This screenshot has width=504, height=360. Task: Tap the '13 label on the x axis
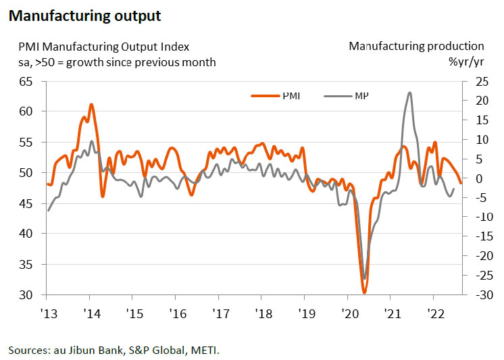pyautogui.click(x=47, y=314)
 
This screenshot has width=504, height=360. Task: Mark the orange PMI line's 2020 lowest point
pyautogui.click(x=364, y=292)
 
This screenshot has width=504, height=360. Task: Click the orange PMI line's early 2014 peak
pyautogui.click(x=91, y=104)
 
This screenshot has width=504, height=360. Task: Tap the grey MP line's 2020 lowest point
pyautogui.click(x=365, y=278)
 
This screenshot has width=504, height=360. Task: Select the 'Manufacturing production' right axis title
pyautogui.click(x=416, y=47)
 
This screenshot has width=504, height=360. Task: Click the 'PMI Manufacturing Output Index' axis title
pyautogui.click(x=103, y=47)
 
